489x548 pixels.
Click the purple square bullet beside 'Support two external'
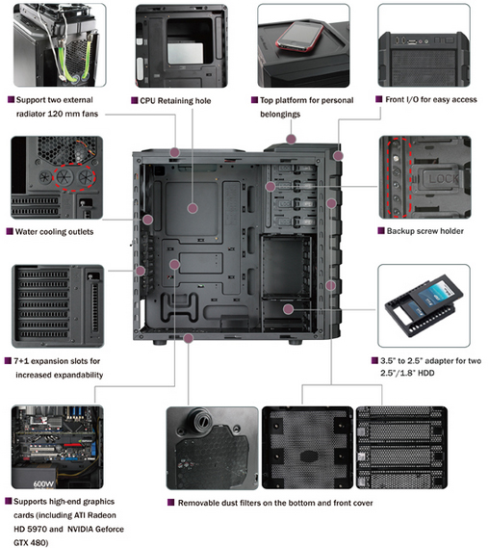click(10, 99)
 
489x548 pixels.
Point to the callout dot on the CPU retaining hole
click(193, 206)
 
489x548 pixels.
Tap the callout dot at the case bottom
click(189, 338)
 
